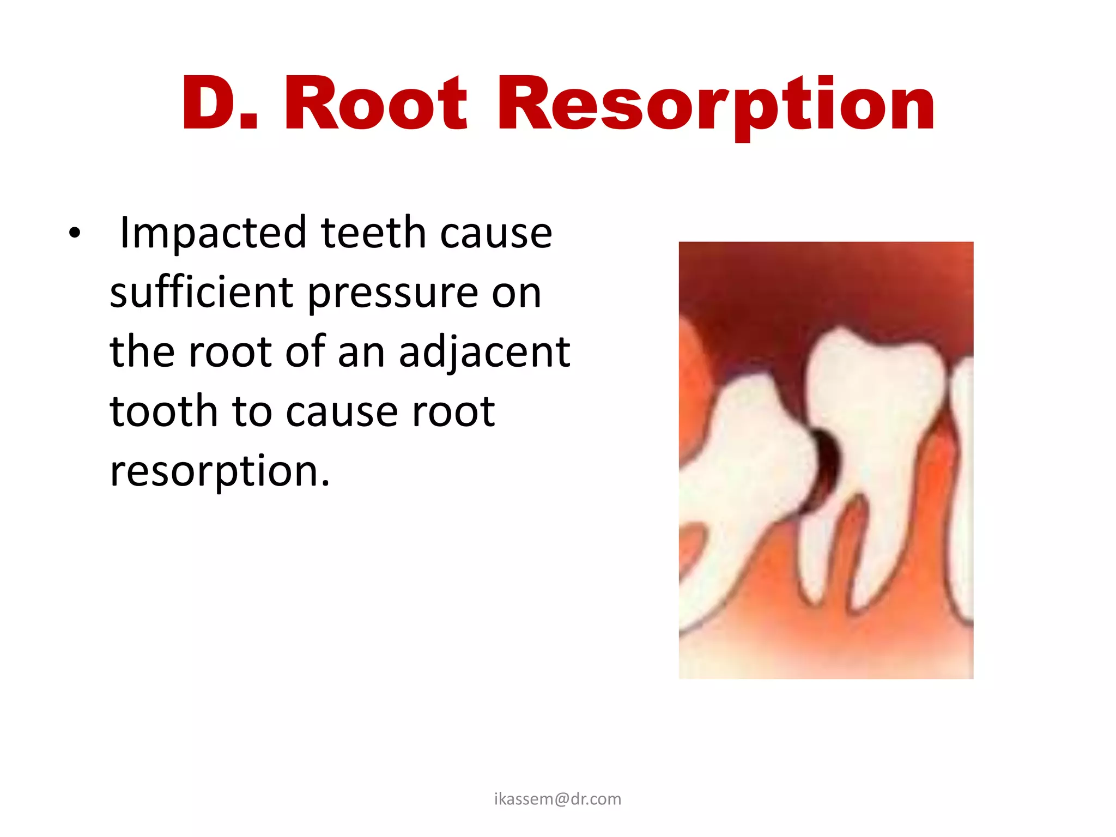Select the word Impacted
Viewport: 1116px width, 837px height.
[213, 233]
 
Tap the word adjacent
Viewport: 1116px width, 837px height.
[484, 353]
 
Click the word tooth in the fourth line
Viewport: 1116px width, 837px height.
[163, 411]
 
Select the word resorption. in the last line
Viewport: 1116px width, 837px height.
[220, 471]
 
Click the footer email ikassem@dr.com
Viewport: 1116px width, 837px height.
[557, 799]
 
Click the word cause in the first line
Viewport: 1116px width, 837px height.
[495, 233]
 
